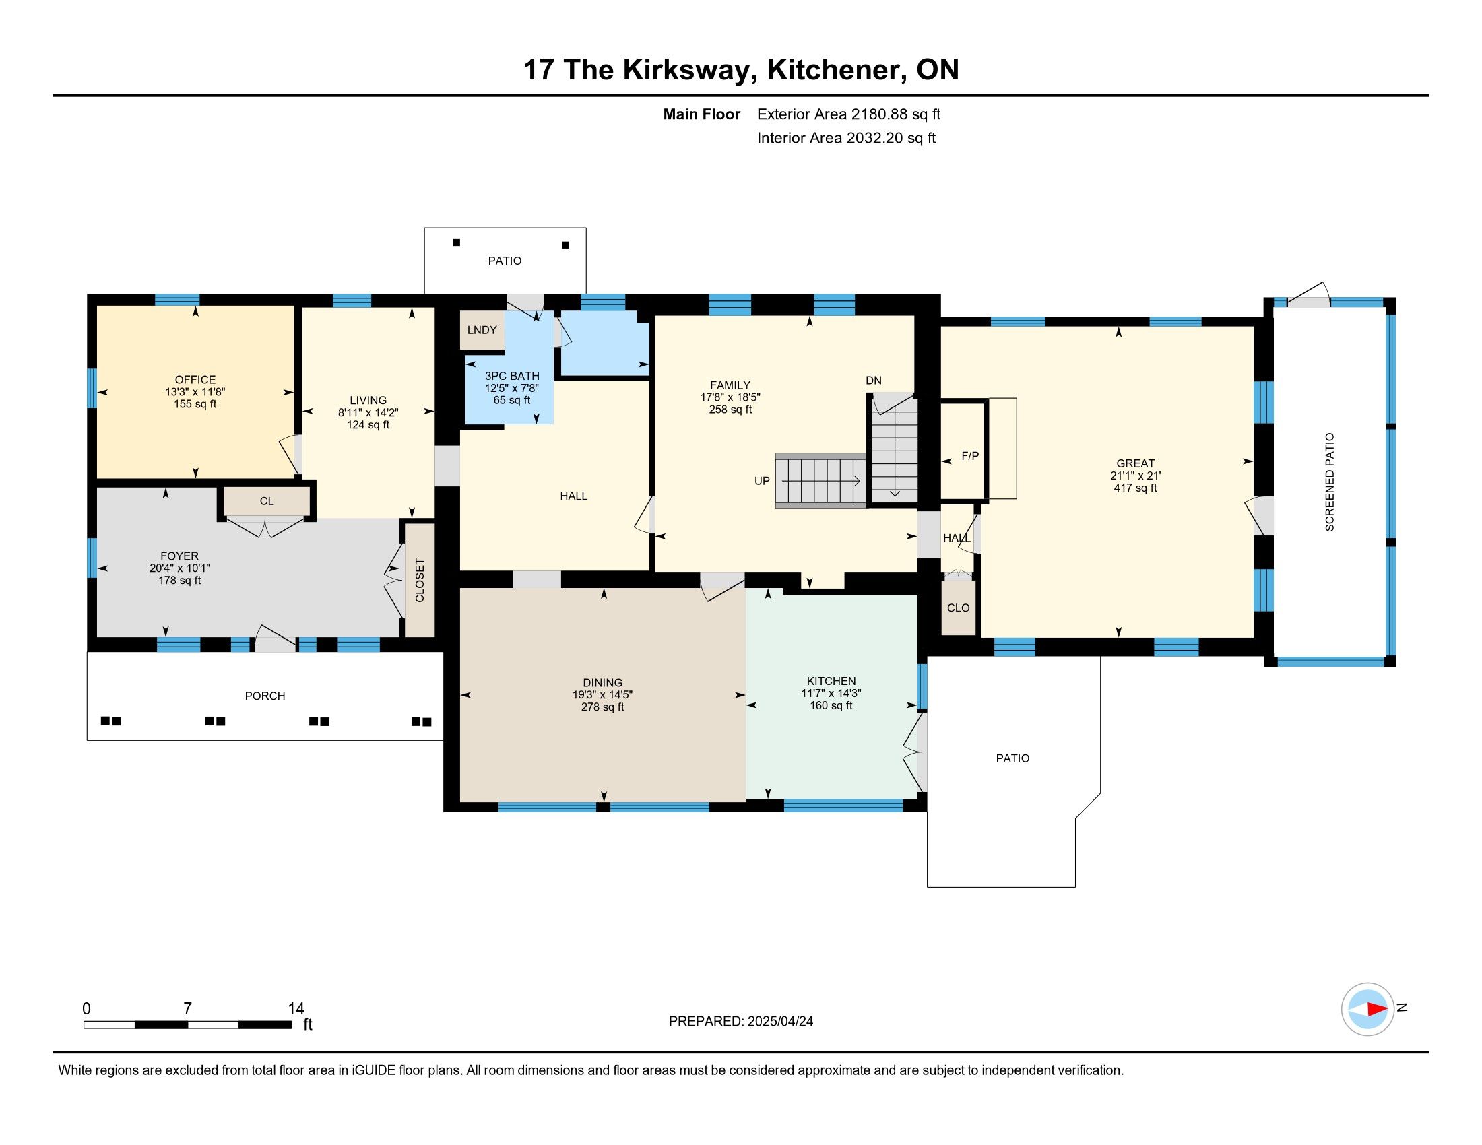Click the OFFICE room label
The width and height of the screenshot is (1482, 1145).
point(195,380)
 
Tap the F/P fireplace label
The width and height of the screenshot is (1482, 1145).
point(970,457)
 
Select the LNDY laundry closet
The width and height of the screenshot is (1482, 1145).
point(482,330)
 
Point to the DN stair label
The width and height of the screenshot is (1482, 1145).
point(873,381)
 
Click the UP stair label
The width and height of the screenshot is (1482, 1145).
point(762,481)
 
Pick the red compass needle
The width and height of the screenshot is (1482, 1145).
point(1377,1009)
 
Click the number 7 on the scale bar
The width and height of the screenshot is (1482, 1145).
point(187,1009)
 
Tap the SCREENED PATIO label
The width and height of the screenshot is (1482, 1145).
point(1329,482)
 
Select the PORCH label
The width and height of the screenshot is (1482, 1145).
point(265,696)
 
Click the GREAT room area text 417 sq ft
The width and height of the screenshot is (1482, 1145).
point(1135,488)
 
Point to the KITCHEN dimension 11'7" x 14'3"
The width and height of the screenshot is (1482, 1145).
point(831,693)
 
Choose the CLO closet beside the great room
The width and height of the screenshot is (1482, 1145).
point(958,608)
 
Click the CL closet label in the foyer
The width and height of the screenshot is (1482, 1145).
point(267,501)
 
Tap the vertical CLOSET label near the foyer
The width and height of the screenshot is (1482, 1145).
point(420,580)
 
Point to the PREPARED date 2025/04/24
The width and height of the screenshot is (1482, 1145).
point(780,1022)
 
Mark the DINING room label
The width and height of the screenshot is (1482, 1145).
point(603,683)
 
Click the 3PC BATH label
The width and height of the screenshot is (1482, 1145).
point(513,376)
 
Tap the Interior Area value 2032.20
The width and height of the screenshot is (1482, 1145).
point(874,138)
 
